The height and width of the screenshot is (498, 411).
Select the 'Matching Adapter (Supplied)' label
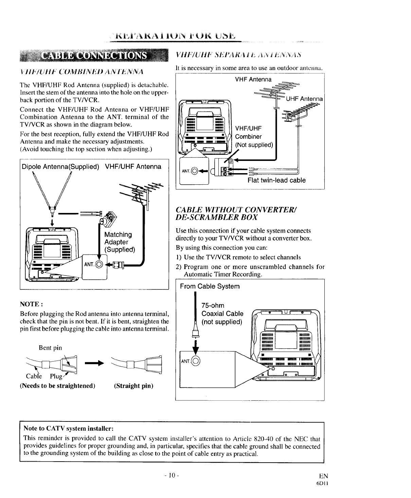[120, 242]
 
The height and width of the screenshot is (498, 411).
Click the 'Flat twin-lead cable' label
[276, 180]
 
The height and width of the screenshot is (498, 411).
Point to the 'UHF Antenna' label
[304, 99]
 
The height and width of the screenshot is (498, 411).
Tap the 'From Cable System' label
[210, 286]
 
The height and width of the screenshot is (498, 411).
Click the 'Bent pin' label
[50, 348]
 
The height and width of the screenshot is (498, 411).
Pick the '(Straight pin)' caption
[134, 386]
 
